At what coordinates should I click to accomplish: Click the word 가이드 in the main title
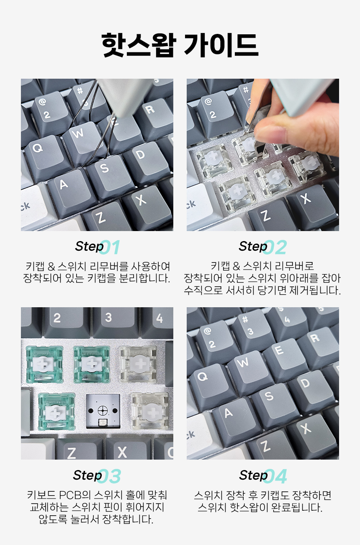[x=221, y=45]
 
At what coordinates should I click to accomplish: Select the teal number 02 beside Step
[x=275, y=247]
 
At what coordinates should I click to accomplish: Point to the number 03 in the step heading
[x=109, y=476]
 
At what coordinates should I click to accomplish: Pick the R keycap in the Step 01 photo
[x=153, y=117]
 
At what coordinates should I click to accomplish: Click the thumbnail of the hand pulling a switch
[x=263, y=155]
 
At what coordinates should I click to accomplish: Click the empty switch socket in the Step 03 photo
[x=103, y=411]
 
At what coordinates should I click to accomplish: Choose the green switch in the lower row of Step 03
[x=56, y=411]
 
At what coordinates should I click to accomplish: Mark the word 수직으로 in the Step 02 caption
[x=203, y=290]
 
